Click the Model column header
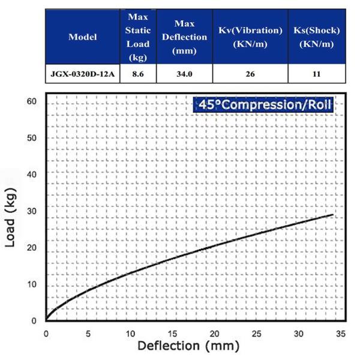[x=83, y=37]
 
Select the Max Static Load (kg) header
[x=137, y=37]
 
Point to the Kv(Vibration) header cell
[x=250, y=37]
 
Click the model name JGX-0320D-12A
[x=83, y=74]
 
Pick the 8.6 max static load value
[x=137, y=74]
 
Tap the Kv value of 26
[x=250, y=74]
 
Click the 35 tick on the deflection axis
[x=340, y=334]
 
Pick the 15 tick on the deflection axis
[x=172, y=334]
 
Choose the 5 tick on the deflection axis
[x=88, y=334]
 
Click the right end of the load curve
[x=332, y=214]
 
